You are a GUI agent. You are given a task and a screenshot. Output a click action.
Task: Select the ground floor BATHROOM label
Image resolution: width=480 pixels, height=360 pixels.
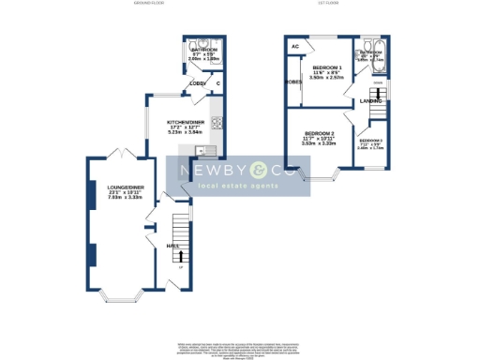point(203,50)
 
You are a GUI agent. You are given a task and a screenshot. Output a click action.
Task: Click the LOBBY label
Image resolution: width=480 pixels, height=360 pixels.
point(198,84)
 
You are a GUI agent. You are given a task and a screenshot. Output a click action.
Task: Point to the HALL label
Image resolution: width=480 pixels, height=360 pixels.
point(172,246)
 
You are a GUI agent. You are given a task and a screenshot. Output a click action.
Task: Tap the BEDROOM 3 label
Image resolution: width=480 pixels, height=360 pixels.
point(371,140)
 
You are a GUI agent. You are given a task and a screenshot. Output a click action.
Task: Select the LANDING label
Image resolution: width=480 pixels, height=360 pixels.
point(372,100)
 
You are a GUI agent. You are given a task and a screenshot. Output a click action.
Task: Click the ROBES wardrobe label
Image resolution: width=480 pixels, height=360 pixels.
point(292,82)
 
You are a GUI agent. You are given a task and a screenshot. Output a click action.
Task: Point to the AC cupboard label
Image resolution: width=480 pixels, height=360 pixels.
point(295,45)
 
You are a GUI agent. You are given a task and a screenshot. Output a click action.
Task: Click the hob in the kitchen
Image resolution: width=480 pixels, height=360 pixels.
point(217,123)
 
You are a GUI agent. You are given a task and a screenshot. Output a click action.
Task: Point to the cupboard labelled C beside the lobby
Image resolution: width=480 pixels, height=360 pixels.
point(218,84)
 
